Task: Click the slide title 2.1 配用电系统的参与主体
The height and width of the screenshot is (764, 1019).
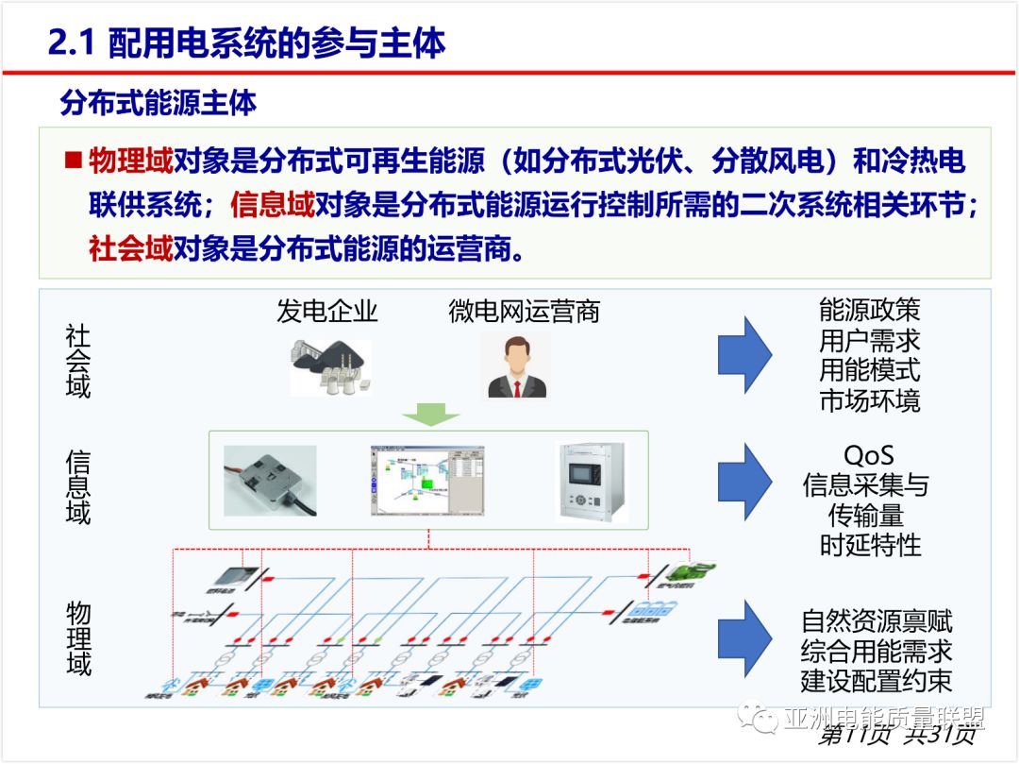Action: pos(246,44)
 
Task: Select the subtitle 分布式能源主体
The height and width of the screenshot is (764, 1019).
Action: pos(158,103)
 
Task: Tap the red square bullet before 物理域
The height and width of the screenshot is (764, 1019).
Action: pos(73,160)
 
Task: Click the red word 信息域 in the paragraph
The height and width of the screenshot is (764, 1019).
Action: pos(272,205)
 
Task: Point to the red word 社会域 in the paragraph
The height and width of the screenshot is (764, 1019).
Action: pos(131,249)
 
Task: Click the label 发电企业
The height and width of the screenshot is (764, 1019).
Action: pos(326,312)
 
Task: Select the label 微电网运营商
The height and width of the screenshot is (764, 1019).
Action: pos(524,312)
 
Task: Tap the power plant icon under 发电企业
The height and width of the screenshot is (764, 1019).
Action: pos(330,366)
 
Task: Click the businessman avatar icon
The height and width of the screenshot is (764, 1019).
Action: pos(516,366)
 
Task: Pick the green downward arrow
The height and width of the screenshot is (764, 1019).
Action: pos(428,413)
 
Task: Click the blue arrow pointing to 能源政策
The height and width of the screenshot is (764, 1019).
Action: pos(744,355)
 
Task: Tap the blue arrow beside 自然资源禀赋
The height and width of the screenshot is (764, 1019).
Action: pos(744,637)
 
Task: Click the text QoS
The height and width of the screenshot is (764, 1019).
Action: pos(868,456)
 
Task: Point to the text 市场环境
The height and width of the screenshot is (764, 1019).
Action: pos(869,399)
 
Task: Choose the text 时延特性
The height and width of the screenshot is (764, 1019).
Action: pos(870,545)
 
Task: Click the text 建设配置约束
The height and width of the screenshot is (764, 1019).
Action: pos(877,680)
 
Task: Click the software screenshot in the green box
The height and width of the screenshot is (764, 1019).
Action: pos(427,482)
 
